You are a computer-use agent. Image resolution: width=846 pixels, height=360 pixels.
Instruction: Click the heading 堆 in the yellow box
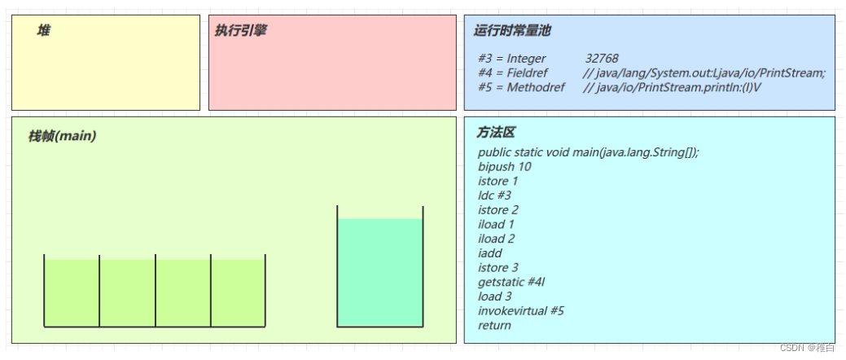pyautogui.click(x=44, y=31)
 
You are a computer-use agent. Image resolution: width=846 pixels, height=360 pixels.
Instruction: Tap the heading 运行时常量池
pyautogui.click(x=512, y=31)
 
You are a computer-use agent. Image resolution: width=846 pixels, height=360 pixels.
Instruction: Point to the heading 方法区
pyautogui.click(x=496, y=133)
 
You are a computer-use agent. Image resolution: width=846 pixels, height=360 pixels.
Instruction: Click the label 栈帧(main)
pyautogui.click(x=62, y=136)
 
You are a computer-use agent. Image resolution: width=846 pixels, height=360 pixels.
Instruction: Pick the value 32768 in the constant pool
pyautogui.click(x=602, y=59)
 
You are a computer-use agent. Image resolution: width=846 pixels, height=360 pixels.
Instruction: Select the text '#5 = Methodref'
pyautogui.click(x=521, y=87)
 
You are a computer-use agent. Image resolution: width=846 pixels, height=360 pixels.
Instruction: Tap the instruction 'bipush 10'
pyautogui.click(x=505, y=167)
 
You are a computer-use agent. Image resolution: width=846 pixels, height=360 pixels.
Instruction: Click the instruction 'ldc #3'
pyautogui.click(x=495, y=195)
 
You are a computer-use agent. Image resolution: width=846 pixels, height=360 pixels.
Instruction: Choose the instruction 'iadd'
pyautogui.click(x=490, y=253)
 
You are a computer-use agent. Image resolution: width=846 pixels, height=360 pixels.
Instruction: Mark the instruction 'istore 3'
pyautogui.click(x=498, y=268)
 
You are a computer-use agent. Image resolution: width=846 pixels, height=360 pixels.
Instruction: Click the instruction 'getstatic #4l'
pyautogui.click(x=511, y=282)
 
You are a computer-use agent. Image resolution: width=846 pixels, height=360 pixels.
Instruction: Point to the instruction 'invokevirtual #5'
pyautogui.click(x=521, y=311)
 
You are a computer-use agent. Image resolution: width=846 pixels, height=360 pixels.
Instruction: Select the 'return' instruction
pyautogui.click(x=495, y=326)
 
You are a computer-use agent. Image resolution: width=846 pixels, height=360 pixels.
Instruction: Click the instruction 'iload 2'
pyautogui.click(x=497, y=239)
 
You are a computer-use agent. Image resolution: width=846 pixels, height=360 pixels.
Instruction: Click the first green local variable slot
pyautogui.click(x=72, y=292)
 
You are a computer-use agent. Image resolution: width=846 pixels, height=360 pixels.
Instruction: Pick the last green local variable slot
pyautogui.click(x=238, y=292)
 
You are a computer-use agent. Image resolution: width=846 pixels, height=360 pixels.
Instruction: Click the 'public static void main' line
pyautogui.click(x=588, y=152)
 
